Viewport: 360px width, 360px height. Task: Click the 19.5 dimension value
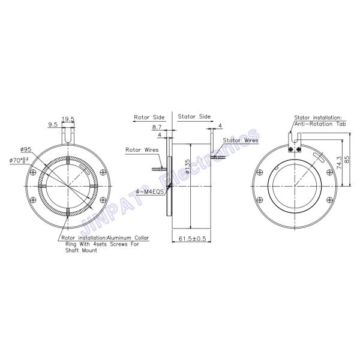pos(68,119)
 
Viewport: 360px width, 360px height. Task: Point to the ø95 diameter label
pos(25,149)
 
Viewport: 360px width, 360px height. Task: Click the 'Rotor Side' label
pos(149,117)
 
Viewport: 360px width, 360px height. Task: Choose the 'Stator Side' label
pos(194,117)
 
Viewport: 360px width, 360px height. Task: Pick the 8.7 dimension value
pos(157,127)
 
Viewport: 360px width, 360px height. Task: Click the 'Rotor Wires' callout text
pos(141,149)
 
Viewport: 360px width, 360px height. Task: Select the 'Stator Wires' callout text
pos(241,140)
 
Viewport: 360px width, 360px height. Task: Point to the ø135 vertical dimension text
pos(188,166)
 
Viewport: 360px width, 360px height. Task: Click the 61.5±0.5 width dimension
pos(193,238)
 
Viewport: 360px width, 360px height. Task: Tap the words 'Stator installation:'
pos(317,118)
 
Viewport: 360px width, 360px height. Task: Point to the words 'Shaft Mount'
pos(79,250)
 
